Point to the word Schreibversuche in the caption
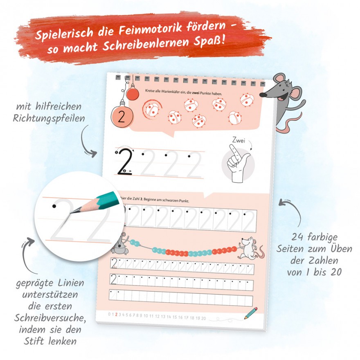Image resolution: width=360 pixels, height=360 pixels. [49, 318]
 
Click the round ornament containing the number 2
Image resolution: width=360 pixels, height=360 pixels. [122, 117]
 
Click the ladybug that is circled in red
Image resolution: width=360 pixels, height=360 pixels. [152, 108]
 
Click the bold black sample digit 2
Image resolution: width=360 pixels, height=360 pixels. [125, 162]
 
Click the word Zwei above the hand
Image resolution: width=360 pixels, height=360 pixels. [239, 140]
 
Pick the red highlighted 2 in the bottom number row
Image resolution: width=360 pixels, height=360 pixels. [116, 314]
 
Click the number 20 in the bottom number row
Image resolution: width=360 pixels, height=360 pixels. [203, 318]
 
